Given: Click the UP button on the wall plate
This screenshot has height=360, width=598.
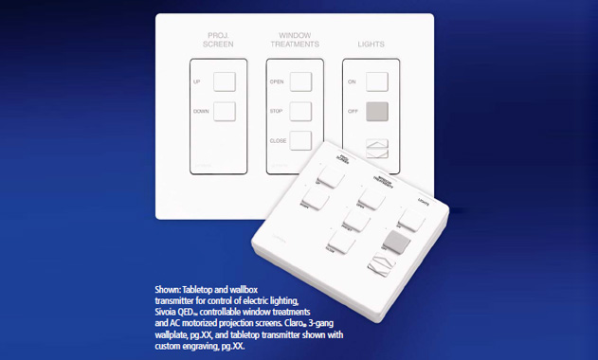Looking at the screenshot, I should coord(224,81).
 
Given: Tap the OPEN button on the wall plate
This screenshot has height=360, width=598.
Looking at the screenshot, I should coord(300,81).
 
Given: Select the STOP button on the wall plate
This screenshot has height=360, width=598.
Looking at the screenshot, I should coord(300,111).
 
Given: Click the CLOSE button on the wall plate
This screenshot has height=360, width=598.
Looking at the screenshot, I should coord(300,140).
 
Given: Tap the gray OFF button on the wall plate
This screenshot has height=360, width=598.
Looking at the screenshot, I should coord(377,111).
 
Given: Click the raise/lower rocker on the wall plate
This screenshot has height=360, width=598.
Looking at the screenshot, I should coord(377,148).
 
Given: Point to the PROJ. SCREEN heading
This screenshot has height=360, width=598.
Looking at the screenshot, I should coord(220,40).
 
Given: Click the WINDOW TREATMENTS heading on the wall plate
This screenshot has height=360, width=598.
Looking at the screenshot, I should coord(294,40).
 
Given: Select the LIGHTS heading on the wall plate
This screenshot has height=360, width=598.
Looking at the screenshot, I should coord(371,44).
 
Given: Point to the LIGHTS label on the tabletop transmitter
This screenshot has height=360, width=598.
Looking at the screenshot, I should coord(424,202).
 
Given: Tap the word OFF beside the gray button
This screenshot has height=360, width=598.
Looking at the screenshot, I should coord(352,112).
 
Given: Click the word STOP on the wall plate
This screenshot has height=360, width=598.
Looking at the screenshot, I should coord(276,112).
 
